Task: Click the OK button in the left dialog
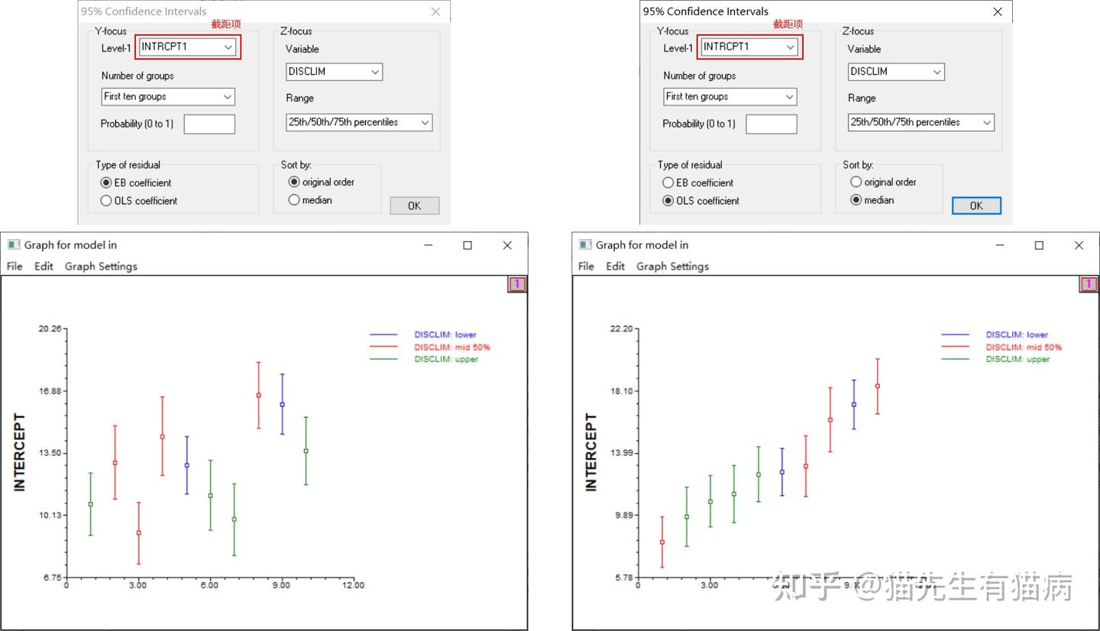tap(414, 205)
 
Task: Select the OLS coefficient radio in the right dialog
tap(668, 201)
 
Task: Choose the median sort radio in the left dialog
tap(294, 200)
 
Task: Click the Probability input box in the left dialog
tap(209, 124)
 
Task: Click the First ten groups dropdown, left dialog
tap(168, 97)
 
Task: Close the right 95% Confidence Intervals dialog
tap(997, 11)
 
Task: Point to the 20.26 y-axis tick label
tap(50, 328)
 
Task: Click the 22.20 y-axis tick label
tap(622, 328)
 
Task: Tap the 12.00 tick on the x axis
tap(353, 586)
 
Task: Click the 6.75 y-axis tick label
tap(52, 578)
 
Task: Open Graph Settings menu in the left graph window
tap(101, 266)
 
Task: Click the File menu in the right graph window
tap(586, 266)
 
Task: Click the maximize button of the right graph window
tap(1039, 245)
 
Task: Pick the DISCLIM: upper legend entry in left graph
tap(446, 359)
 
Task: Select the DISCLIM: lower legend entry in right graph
tap(1017, 335)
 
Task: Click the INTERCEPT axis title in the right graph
tap(591, 452)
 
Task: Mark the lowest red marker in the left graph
tap(138, 532)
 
